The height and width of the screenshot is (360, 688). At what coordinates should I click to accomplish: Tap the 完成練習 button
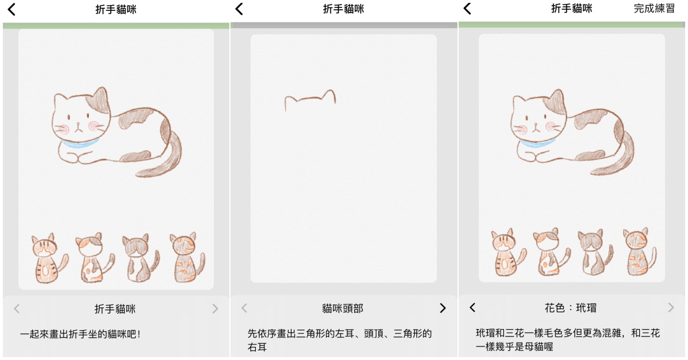point(654,9)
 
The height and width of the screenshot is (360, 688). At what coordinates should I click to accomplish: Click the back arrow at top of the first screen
point(11,9)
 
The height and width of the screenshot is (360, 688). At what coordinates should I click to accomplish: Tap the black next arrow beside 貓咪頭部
point(443,308)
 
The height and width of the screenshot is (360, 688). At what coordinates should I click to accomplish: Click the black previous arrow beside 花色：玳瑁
point(472,307)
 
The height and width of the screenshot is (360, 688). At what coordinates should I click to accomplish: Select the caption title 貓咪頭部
point(343,308)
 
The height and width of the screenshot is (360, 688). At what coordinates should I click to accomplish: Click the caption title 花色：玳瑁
point(570,307)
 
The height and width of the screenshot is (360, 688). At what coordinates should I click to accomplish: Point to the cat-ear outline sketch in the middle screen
point(310,97)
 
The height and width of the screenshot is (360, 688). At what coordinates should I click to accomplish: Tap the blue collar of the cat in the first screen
point(80,143)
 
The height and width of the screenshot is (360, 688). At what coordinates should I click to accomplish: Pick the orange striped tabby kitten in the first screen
point(49,258)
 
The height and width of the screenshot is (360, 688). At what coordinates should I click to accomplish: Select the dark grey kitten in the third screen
point(595,252)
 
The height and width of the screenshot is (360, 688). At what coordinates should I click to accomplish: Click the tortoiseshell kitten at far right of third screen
point(639,251)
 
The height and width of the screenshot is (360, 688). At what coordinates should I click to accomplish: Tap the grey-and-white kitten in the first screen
point(140,258)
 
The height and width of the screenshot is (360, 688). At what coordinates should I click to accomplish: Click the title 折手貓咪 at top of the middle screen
point(343,9)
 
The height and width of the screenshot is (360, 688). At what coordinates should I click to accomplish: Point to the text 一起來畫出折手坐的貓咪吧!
point(80,334)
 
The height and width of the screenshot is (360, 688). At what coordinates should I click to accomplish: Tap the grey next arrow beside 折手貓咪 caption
point(215,308)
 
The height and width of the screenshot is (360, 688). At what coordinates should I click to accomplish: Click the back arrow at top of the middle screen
point(239,9)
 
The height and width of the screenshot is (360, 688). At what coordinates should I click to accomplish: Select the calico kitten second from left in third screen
point(552,252)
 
